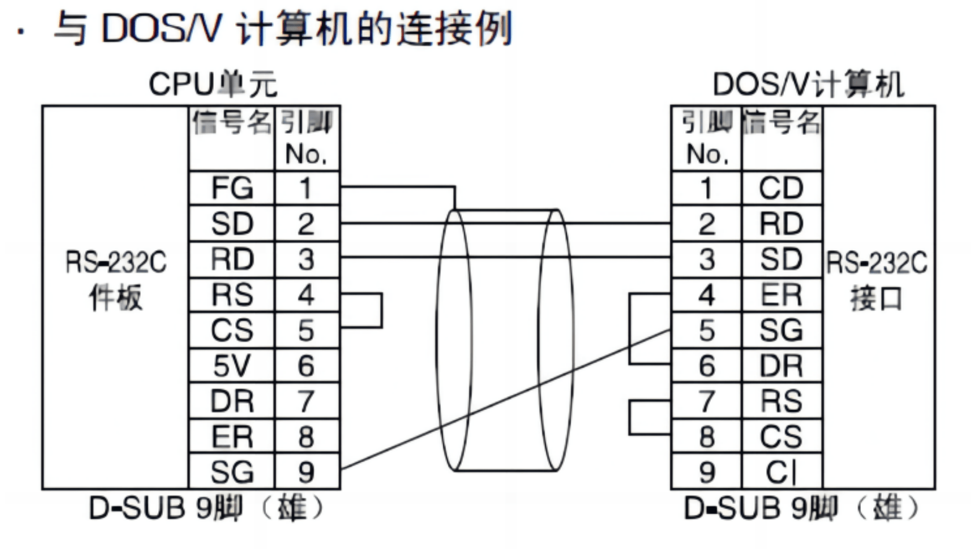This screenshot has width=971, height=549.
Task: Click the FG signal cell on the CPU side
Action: (232, 188)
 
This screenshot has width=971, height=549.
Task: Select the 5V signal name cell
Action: (232, 366)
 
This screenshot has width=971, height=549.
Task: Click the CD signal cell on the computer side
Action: (781, 188)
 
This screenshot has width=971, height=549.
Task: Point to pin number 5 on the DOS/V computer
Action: (706, 331)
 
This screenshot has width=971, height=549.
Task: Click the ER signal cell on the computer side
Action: (781, 295)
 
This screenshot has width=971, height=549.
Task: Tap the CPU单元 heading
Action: (213, 85)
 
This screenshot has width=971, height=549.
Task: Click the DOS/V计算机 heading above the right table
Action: (808, 85)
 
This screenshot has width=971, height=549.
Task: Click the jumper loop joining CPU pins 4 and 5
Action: (381, 311)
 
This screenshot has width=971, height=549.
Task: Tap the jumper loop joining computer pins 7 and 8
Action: (630, 417)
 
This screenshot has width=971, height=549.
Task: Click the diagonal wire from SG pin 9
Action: (504, 400)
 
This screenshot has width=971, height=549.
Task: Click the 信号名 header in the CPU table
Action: (232, 123)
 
